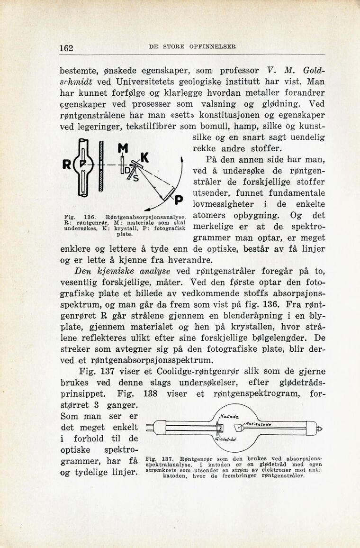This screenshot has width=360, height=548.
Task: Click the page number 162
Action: click(66, 48)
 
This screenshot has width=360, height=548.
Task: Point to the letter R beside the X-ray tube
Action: click(66, 166)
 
